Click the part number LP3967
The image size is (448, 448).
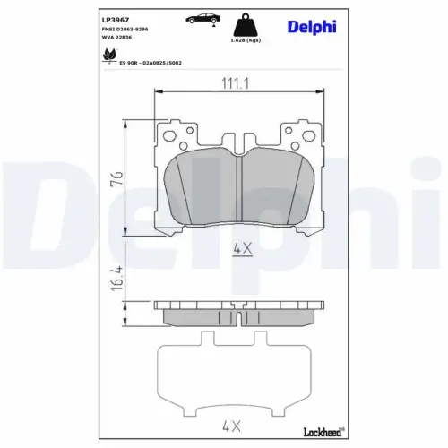[116, 20]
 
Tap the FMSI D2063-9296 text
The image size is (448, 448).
[125, 30]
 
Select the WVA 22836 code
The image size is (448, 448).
[116, 38]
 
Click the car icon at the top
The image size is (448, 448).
[202, 19]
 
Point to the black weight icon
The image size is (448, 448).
[246, 25]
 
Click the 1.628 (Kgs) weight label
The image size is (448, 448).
[246, 40]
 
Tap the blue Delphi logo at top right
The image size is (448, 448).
[312, 27]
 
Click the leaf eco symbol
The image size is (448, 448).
[109, 56]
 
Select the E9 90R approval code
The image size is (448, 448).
[151, 63]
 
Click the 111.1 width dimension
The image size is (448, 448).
[235, 83]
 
